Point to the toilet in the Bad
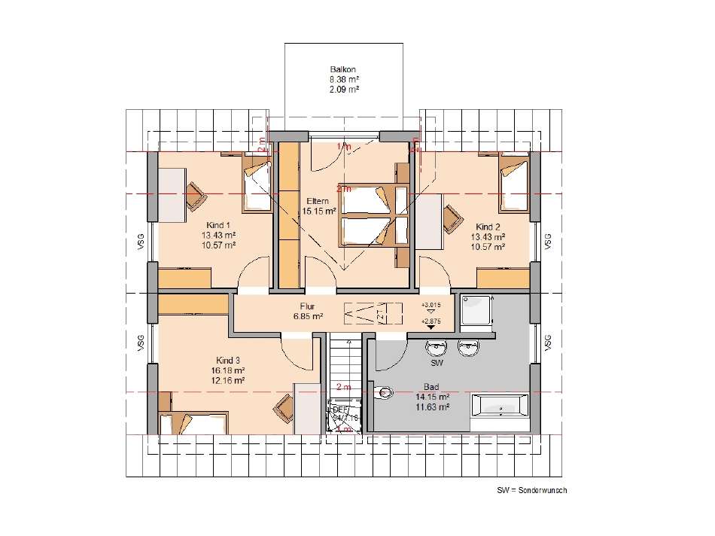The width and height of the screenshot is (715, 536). [x=385, y=392]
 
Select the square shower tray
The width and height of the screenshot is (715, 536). [x=476, y=312]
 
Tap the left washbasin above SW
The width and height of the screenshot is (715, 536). [x=436, y=349]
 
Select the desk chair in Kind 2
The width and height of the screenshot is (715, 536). [x=453, y=218]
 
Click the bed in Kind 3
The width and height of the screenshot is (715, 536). [x=192, y=423]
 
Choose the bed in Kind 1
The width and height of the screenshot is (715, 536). [x=256, y=184]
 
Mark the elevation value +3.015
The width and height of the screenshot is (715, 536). [x=431, y=305]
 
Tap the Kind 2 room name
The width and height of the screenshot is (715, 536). [x=488, y=227]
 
